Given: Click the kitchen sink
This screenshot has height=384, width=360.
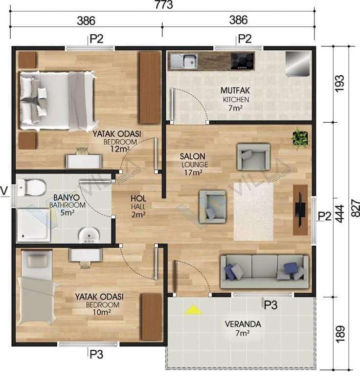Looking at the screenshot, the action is (x=184, y=61).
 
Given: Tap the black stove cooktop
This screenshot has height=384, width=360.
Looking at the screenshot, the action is (x=242, y=61).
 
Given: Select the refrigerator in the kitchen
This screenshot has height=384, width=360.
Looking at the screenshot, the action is (x=297, y=64).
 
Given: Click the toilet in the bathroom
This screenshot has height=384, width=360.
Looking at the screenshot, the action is (x=32, y=187).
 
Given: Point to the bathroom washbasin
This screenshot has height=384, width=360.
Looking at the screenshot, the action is (x=89, y=235).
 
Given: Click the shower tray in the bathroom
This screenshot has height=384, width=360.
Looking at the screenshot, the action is (x=34, y=225).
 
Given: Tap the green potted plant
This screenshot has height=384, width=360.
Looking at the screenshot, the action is (x=300, y=138).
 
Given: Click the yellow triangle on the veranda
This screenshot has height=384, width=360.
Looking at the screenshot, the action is (x=193, y=310).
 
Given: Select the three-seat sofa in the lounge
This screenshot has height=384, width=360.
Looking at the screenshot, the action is (x=264, y=271).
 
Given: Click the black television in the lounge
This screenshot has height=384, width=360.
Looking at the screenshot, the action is (x=300, y=210).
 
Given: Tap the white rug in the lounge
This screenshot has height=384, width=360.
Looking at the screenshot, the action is (x=253, y=212).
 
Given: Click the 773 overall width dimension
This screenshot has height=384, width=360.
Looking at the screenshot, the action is (x=163, y=4).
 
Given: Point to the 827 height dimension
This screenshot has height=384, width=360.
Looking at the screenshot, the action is (x=355, y=208).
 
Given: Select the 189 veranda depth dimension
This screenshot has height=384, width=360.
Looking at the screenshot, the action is (x=339, y=334).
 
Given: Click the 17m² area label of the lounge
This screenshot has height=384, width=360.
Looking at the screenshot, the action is (x=193, y=172).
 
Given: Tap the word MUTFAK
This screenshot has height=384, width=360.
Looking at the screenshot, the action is (x=235, y=90).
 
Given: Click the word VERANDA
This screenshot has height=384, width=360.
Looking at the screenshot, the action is (x=243, y=324).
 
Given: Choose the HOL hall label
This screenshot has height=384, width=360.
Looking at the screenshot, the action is (x=138, y=198).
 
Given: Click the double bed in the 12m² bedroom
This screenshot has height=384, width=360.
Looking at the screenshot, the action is (x=57, y=100).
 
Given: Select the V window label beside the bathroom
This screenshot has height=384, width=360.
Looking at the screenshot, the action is (x=4, y=191).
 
